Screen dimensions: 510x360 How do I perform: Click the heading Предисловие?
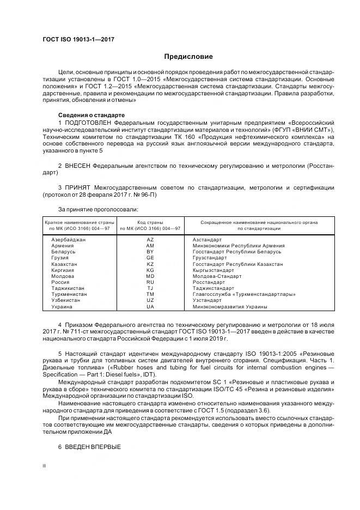[x=188, y=57]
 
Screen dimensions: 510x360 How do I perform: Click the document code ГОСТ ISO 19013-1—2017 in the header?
[x=78, y=40]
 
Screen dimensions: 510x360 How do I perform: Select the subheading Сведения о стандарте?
[x=91, y=115]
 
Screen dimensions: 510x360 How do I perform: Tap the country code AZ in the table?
[x=150, y=240]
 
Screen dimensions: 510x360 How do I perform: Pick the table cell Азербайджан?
[x=69, y=240]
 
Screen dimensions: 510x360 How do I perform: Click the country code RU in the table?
[x=150, y=282]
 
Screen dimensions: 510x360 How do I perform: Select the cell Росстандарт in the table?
[x=209, y=282]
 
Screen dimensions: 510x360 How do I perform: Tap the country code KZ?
[x=150, y=264]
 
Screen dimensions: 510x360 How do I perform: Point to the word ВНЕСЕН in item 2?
[x=78, y=164]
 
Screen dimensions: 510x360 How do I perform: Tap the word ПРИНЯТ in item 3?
[x=78, y=188]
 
